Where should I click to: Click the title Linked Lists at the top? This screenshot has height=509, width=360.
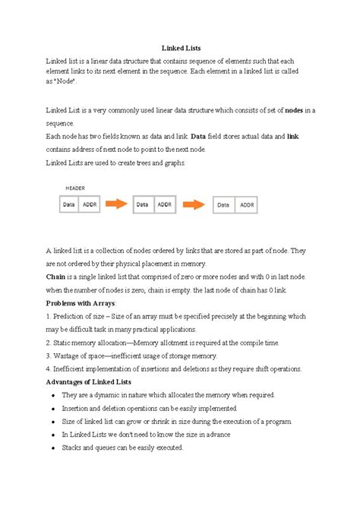pyautogui.click(x=179, y=47)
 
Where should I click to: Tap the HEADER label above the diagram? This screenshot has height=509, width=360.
pyautogui.click(x=74, y=187)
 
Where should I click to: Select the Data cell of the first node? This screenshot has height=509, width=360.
pyautogui.click(x=68, y=204)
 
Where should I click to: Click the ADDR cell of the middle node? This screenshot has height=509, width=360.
pyautogui.click(x=165, y=204)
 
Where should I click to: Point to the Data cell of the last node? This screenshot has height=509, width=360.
pyautogui.click(x=224, y=204)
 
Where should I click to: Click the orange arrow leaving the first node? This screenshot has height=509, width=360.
pyautogui.click(x=115, y=204)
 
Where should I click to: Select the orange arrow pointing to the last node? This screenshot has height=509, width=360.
pyautogui.click(x=194, y=204)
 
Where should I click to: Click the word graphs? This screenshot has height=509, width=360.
pyautogui.click(x=171, y=163)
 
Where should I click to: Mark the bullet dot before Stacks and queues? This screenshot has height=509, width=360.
pyautogui.click(x=51, y=448)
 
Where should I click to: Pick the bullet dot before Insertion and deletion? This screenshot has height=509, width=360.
pyautogui.click(x=51, y=408)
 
